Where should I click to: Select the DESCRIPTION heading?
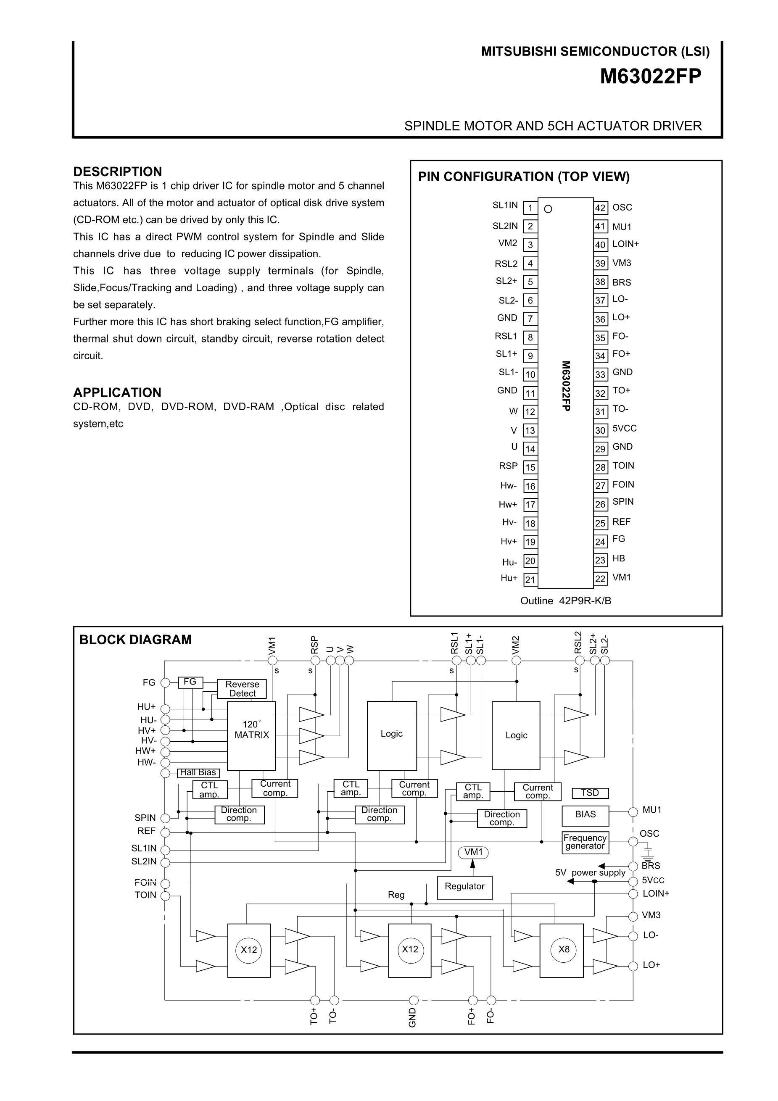118,172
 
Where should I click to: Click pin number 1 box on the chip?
530,208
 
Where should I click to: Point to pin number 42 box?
601,208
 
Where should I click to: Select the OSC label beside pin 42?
622,208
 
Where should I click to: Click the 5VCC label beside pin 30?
625,428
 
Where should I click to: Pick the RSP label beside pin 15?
508,466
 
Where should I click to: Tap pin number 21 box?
530,579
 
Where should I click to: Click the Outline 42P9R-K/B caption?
565,601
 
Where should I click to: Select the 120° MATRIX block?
251,735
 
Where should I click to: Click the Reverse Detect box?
242,689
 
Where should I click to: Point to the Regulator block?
464,886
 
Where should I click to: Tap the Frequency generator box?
585,842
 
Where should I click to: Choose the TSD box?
590,793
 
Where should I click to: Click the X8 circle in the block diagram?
564,949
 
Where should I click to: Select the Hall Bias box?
198,772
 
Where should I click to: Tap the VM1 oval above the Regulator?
473,852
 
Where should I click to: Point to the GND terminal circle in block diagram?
414,1000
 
